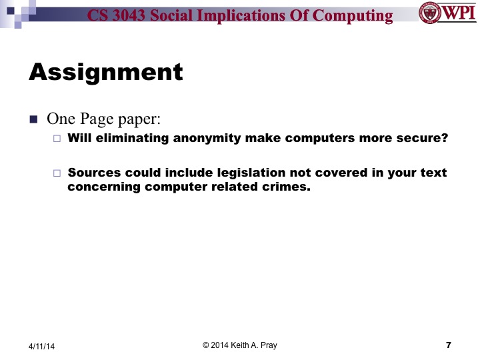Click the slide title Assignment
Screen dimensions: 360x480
[105, 71]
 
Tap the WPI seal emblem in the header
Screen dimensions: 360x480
[430, 13]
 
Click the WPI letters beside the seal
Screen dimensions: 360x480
[459, 13]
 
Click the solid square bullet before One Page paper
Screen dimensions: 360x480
[34, 120]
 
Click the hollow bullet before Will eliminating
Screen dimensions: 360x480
[57, 139]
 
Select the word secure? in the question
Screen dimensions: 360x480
[423, 139]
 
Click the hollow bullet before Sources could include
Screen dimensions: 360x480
[57, 173]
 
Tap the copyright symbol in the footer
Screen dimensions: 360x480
[206, 345]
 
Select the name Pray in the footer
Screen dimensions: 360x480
[267, 345]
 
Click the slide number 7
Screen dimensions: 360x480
[448, 345]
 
